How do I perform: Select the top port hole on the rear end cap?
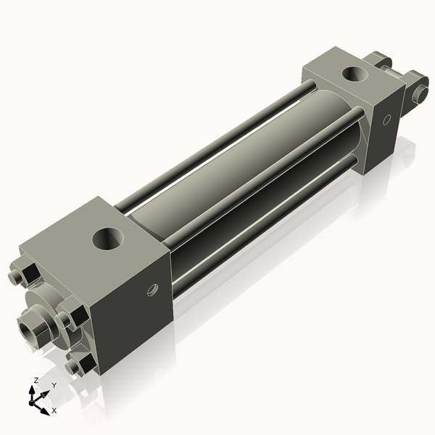[355, 73]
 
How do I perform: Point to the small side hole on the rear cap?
[386, 117]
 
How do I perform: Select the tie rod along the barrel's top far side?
[217, 138]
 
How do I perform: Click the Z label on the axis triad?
[36, 381]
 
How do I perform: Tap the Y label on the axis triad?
[54, 386]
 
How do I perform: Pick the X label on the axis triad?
[54, 410]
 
